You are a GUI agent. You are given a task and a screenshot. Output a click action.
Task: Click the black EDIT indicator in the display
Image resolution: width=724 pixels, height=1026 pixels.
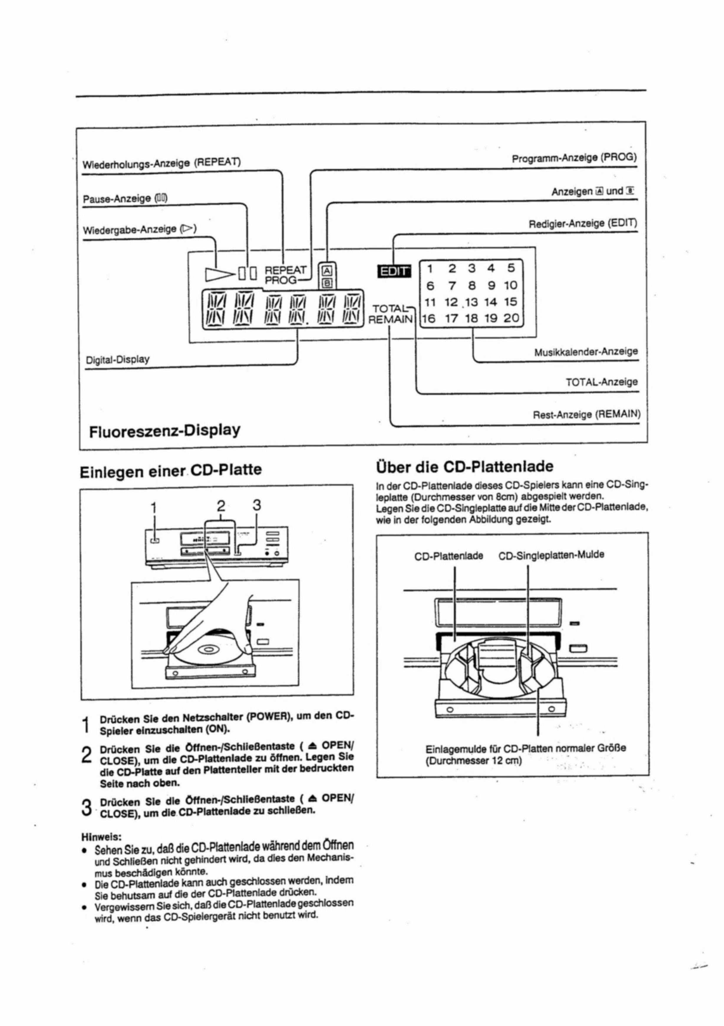393,271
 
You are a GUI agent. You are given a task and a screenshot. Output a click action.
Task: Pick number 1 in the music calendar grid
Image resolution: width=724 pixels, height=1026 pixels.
430,269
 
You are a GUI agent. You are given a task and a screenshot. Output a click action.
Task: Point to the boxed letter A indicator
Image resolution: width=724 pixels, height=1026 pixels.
327,270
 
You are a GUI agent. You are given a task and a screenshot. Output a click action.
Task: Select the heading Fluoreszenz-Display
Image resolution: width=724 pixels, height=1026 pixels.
164,431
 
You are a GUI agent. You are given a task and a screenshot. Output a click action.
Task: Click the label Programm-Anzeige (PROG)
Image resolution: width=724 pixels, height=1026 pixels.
574,158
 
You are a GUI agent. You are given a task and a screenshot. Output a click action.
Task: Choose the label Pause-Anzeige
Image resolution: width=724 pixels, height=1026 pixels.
125,198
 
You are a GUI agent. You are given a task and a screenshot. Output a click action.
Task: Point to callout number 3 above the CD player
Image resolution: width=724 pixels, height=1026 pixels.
256,505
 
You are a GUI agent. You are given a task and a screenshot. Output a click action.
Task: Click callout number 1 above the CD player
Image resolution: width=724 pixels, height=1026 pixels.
154,508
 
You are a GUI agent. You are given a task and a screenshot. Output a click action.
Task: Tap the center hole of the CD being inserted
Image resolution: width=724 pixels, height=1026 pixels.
208,649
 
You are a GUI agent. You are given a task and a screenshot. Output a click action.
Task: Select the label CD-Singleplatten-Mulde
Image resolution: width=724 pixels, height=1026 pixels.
551,555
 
